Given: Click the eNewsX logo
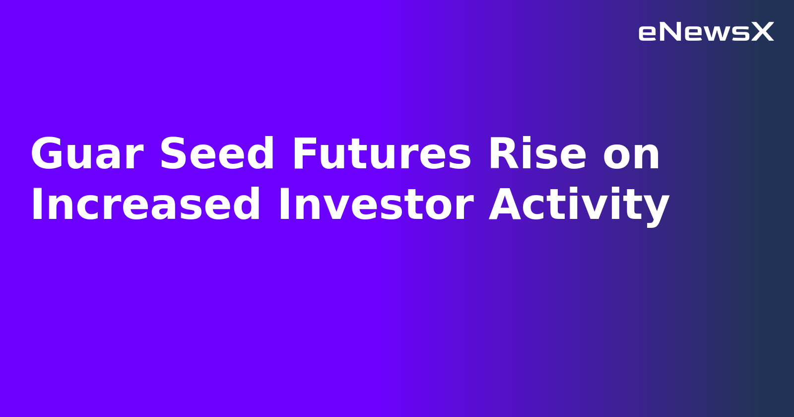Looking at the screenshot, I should coord(706,32).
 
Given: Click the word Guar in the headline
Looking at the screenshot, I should coord(87,154).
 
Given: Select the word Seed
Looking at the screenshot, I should coord(217,154).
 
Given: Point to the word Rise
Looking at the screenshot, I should coord(537,154).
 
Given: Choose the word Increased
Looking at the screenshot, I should coord(145,205).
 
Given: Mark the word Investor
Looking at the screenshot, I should coord(376,205).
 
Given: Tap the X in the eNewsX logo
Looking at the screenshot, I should coord(762,32).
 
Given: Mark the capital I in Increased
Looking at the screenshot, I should coord(36,205).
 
